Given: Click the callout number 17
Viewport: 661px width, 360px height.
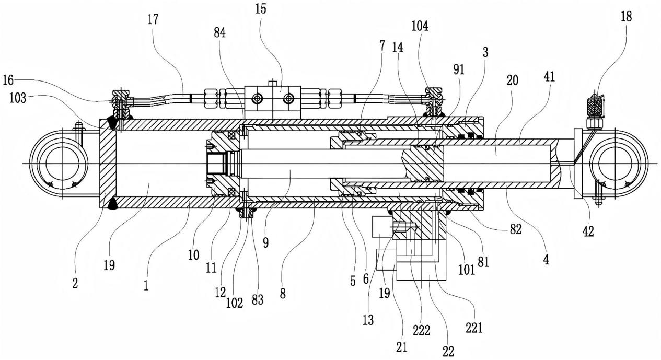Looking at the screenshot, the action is (x=154, y=19).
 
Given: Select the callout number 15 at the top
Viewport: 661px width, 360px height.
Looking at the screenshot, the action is (x=261, y=9).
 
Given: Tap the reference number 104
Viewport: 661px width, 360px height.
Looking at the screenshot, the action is (x=420, y=26).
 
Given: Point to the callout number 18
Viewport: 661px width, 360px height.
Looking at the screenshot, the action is (x=626, y=17).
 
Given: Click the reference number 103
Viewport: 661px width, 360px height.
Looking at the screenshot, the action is (x=18, y=98).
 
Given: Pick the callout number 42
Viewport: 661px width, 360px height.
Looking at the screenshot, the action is (x=588, y=231).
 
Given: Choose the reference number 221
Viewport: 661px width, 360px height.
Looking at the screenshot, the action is (x=474, y=328).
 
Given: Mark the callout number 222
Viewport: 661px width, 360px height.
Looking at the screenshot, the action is (x=421, y=330).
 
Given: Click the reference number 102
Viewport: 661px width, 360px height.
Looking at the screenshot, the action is (x=235, y=303).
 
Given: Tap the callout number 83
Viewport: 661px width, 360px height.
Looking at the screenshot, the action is (x=257, y=300).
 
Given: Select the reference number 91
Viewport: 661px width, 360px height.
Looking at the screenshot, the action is (x=459, y=69).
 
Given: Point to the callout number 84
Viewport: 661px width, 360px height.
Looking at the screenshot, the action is (x=220, y=33).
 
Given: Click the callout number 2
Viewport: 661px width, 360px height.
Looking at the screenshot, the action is (x=75, y=283).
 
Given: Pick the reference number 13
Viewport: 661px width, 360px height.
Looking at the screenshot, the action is (x=368, y=320).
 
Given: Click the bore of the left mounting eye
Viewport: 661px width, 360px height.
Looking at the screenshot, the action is (x=62, y=164).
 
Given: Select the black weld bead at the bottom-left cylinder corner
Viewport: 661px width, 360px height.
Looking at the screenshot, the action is (x=112, y=204).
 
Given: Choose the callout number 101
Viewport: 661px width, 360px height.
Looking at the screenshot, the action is (x=466, y=270).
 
